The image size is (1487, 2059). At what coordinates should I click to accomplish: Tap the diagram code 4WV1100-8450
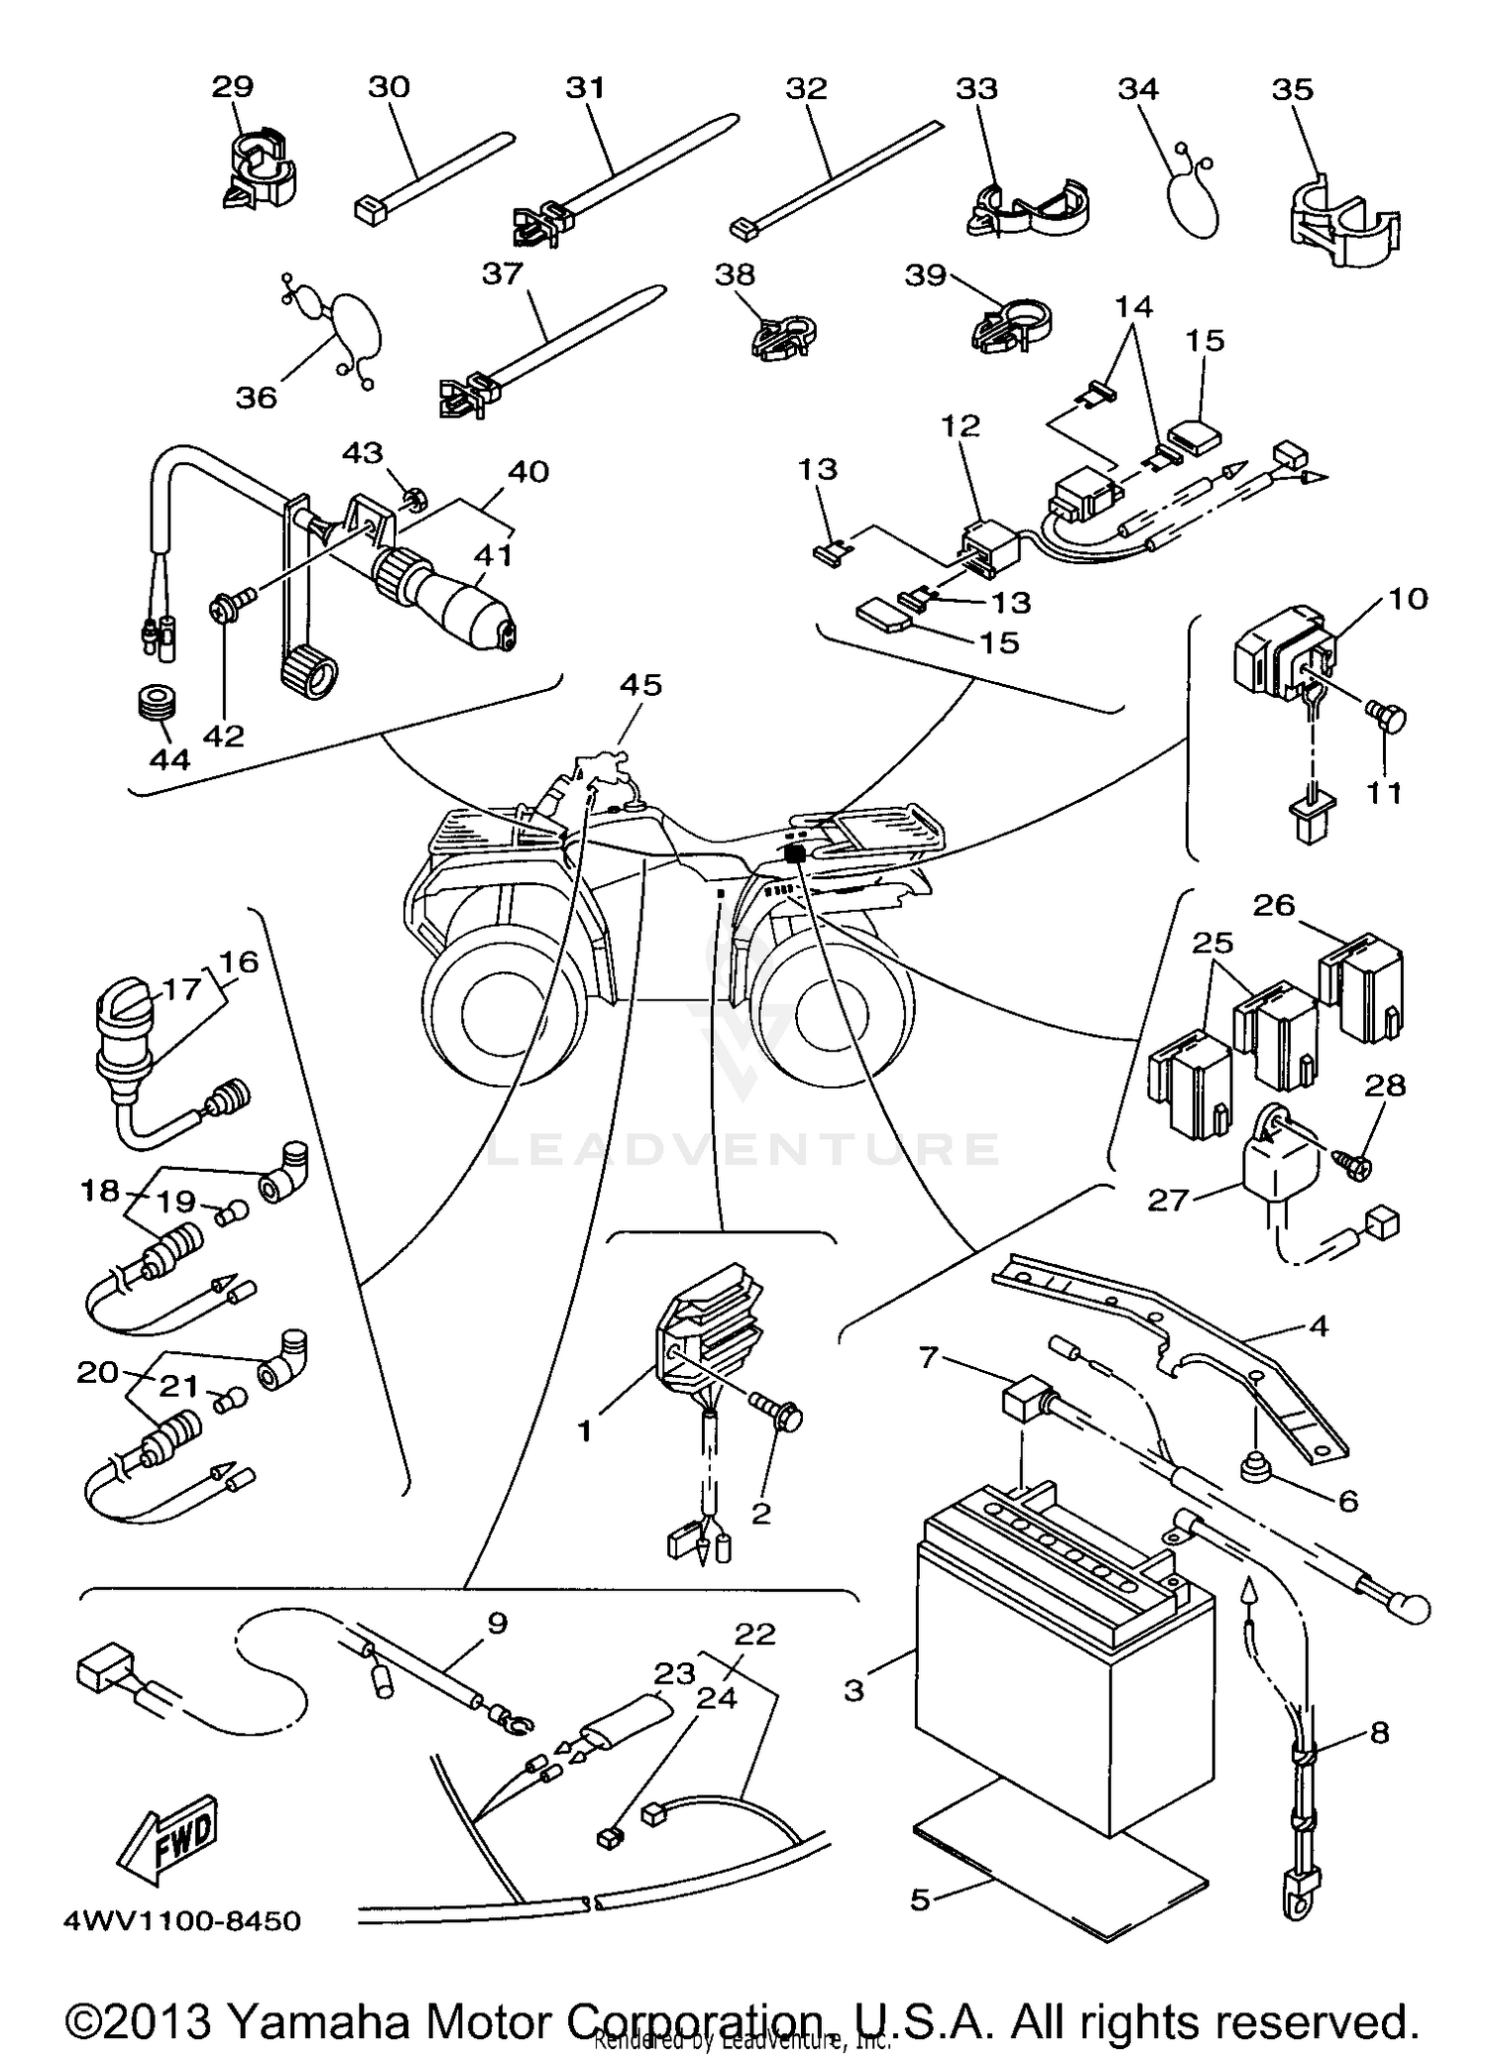click(x=181, y=1921)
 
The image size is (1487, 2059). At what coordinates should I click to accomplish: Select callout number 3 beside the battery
click(x=855, y=1689)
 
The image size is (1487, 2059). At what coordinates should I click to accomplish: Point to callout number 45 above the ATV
click(x=640, y=685)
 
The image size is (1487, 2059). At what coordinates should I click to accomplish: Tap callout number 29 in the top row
click(x=233, y=87)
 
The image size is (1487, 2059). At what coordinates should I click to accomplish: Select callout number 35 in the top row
click(x=1292, y=89)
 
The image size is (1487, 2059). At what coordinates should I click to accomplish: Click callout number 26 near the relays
click(x=1274, y=905)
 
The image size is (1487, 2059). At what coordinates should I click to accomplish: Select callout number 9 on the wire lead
click(x=498, y=1623)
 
